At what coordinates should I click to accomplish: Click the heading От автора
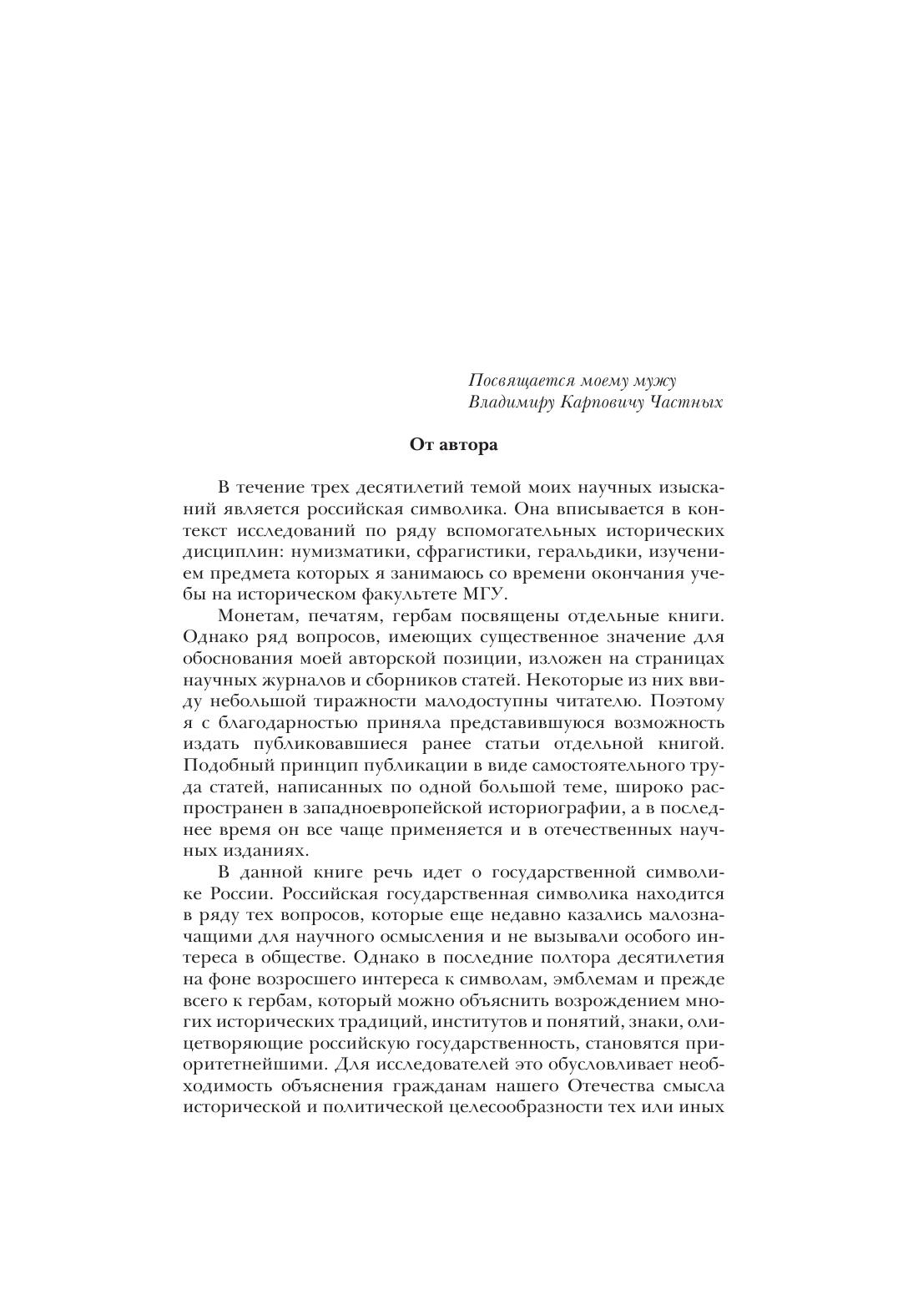pyautogui.click(x=453, y=444)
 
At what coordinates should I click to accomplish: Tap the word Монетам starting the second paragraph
pyautogui.click(x=257, y=616)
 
